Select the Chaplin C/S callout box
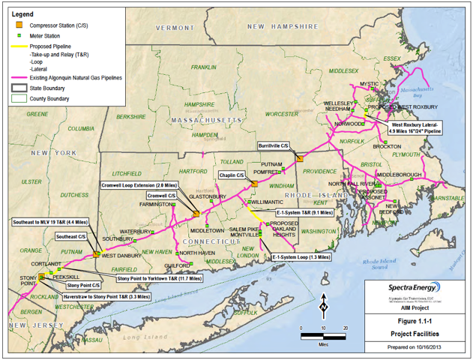pos(232,175)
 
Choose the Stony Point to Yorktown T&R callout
pos(159,278)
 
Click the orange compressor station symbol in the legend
pos(16,23)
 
